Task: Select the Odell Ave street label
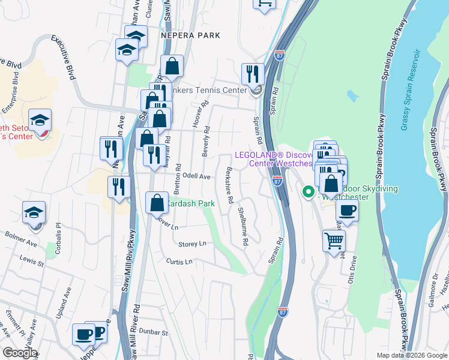pos(196,176)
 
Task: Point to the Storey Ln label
pos(192,244)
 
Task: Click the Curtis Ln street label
pos(179,262)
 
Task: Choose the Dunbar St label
pos(153,331)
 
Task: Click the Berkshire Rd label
pos(229,187)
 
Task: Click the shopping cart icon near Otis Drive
pos(333,242)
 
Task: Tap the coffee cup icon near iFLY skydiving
pos(346,211)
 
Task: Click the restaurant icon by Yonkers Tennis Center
pos(253,74)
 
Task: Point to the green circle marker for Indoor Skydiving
pos(308,193)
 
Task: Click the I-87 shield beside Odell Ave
pos(277,180)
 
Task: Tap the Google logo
pos(19,353)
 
